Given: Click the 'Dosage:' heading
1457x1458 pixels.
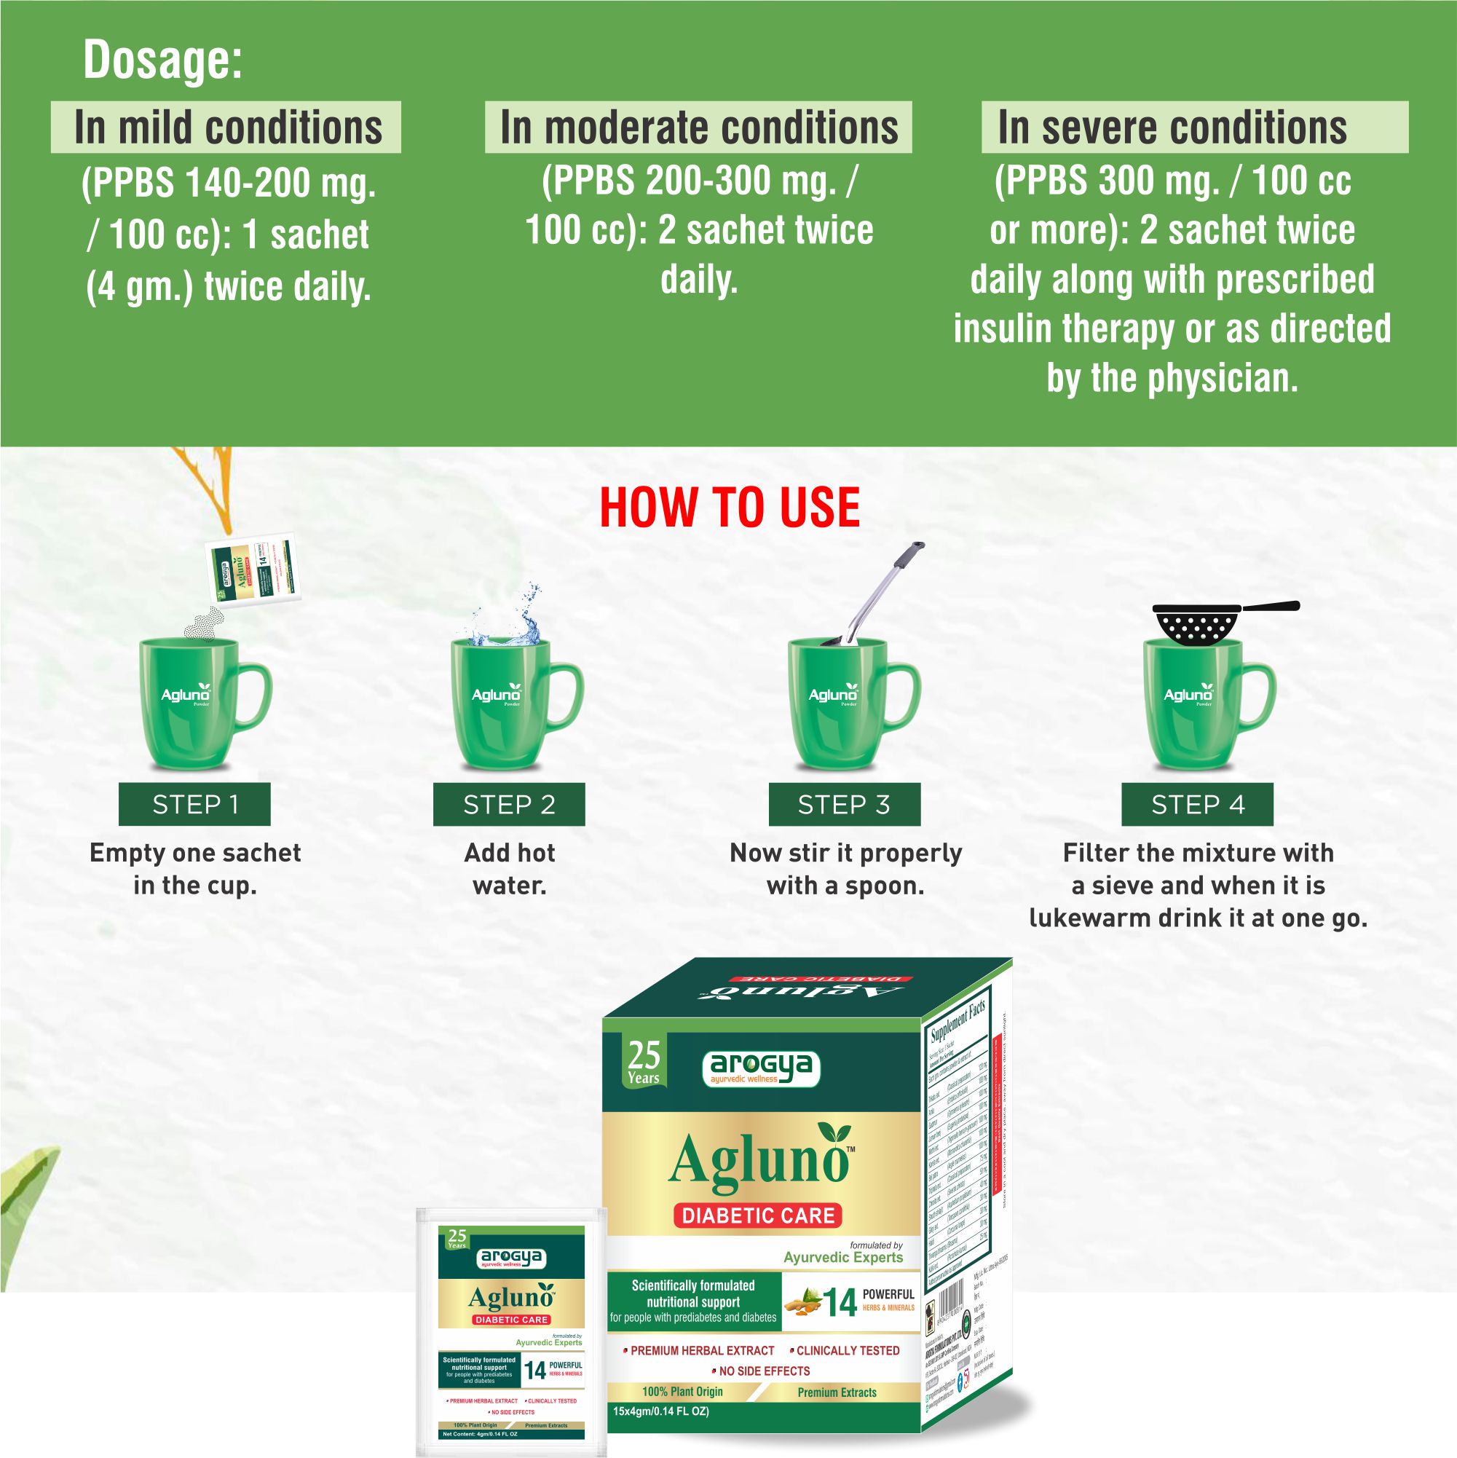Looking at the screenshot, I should (163, 60).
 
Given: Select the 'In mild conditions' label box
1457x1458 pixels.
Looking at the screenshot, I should (226, 127).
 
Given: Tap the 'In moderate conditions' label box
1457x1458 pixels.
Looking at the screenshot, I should (698, 127).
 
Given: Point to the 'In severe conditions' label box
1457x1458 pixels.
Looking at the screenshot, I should (1193, 127).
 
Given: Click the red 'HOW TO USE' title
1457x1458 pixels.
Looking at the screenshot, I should (729, 507).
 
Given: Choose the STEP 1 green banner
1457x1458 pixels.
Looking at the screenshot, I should (194, 805).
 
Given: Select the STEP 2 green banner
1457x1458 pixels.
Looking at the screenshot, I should (508, 805).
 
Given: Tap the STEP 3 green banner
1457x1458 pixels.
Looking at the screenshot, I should (845, 805).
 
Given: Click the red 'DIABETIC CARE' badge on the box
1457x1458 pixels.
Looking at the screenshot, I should (757, 1215).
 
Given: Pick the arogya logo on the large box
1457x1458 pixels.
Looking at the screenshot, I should (761, 1067).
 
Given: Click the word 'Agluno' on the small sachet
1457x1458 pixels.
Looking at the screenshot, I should (511, 1298).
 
